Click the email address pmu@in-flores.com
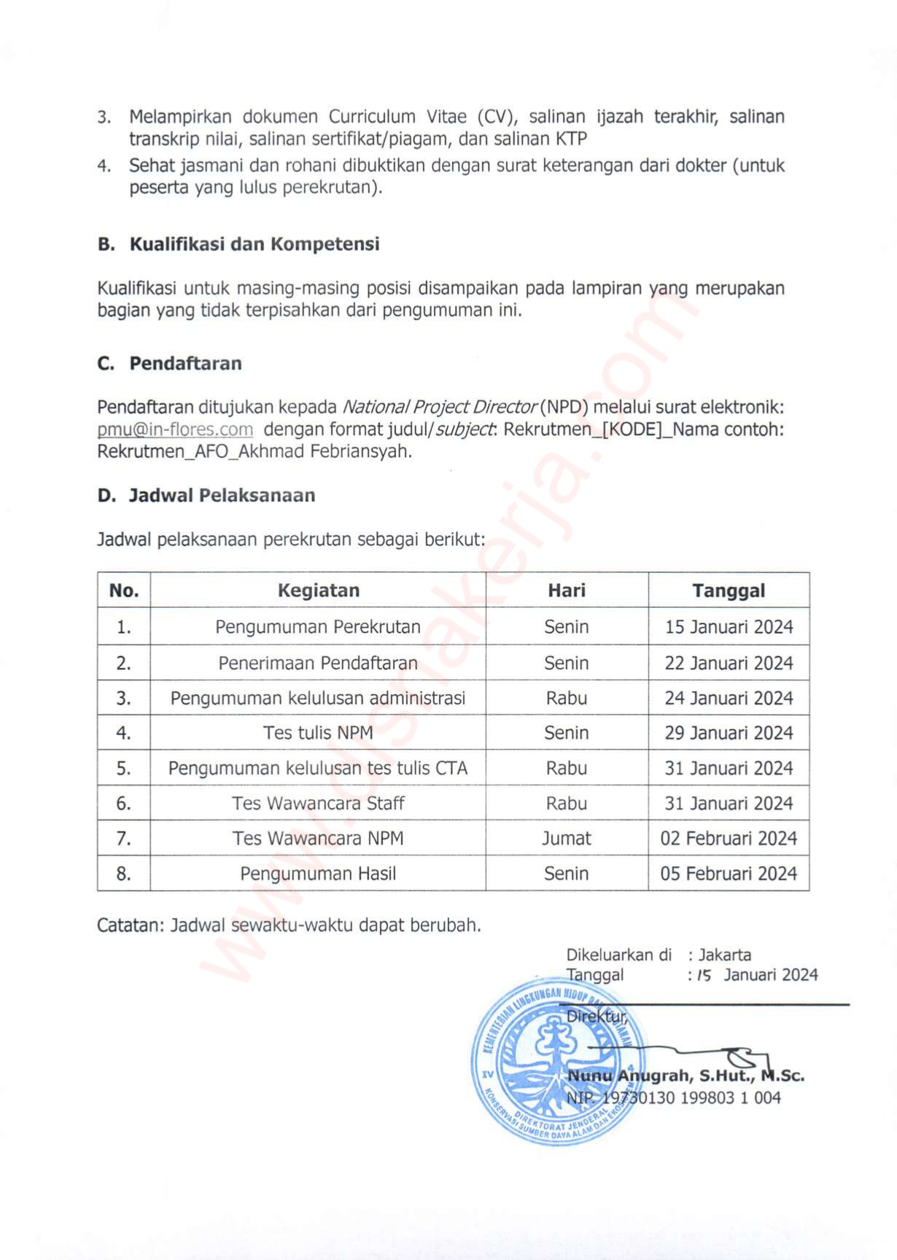tap(175, 429)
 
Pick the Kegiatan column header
tap(318, 591)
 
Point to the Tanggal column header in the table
tap(729, 591)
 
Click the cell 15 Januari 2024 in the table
tap(729, 627)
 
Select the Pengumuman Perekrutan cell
tap(318, 627)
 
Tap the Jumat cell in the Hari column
tap(566, 839)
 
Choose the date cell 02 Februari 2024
tap(729, 839)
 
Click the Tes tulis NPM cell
tap(318, 733)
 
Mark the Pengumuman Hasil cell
tap(318, 874)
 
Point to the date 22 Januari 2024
tap(729, 664)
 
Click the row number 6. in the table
tap(124, 804)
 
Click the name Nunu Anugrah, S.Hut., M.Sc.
tap(686, 1076)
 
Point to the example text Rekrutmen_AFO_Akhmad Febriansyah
tap(254, 451)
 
